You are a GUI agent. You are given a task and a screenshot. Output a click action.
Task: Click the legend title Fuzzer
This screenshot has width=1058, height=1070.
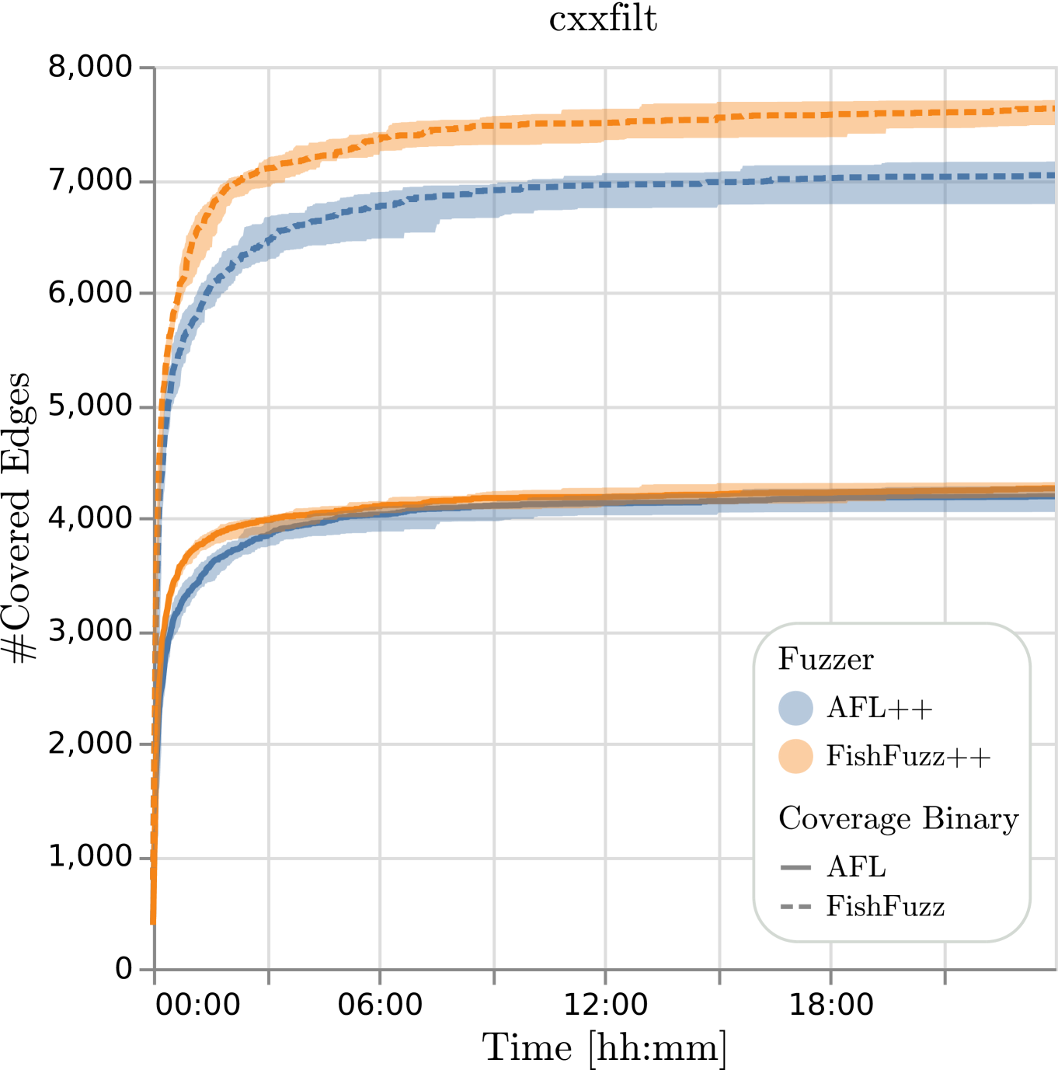(x=826, y=660)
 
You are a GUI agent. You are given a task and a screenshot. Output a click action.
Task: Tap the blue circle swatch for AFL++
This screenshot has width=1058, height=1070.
(x=795, y=708)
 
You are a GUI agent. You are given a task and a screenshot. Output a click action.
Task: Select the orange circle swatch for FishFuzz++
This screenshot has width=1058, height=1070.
(x=795, y=756)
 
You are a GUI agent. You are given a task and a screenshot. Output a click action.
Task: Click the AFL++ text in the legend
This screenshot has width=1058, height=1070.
(x=879, y=709)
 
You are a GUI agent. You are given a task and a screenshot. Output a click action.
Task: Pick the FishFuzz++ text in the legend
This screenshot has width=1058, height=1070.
(x=908, y=756)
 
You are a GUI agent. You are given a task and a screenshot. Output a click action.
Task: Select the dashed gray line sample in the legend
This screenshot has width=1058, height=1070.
(x=795, y=907)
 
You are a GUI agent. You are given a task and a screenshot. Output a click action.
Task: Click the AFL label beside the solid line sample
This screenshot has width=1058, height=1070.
(x=856, y=867)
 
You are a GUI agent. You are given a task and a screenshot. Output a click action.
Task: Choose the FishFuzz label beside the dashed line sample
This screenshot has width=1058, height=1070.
(x=886, y=907)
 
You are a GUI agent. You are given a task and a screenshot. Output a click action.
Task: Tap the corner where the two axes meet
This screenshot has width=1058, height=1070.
(x=155, y=969)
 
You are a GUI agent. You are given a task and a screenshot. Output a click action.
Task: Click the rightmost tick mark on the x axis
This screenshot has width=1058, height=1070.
(x=945, y=977)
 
